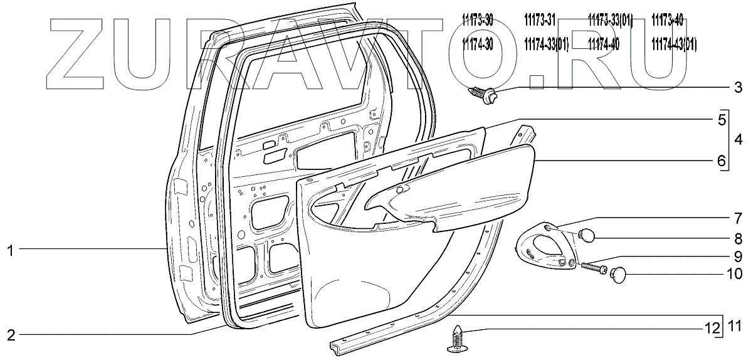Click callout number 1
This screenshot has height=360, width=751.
pyautogui.click(x=10, y=250)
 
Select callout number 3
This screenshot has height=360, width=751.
pyautogui.click(x=738, y=86)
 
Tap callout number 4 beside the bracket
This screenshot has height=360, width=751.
pyautogui.click(x=738, y=139)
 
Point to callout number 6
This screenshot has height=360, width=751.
pyautogui.click(x=722, y=161)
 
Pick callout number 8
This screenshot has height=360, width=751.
pyautogui.click(x=738, y=238)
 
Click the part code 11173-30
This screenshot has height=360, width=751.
pyautogui.click(x=478, y=21)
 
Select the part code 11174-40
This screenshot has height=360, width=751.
pyautogui.click(x=603, y=44)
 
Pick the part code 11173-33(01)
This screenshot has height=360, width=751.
pyautogui.click(x=610, y=21)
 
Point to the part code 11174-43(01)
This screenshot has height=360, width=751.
pyautogui.click(x=674, y=44)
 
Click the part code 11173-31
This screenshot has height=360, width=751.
pyautogui.click(x=540, y=21)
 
